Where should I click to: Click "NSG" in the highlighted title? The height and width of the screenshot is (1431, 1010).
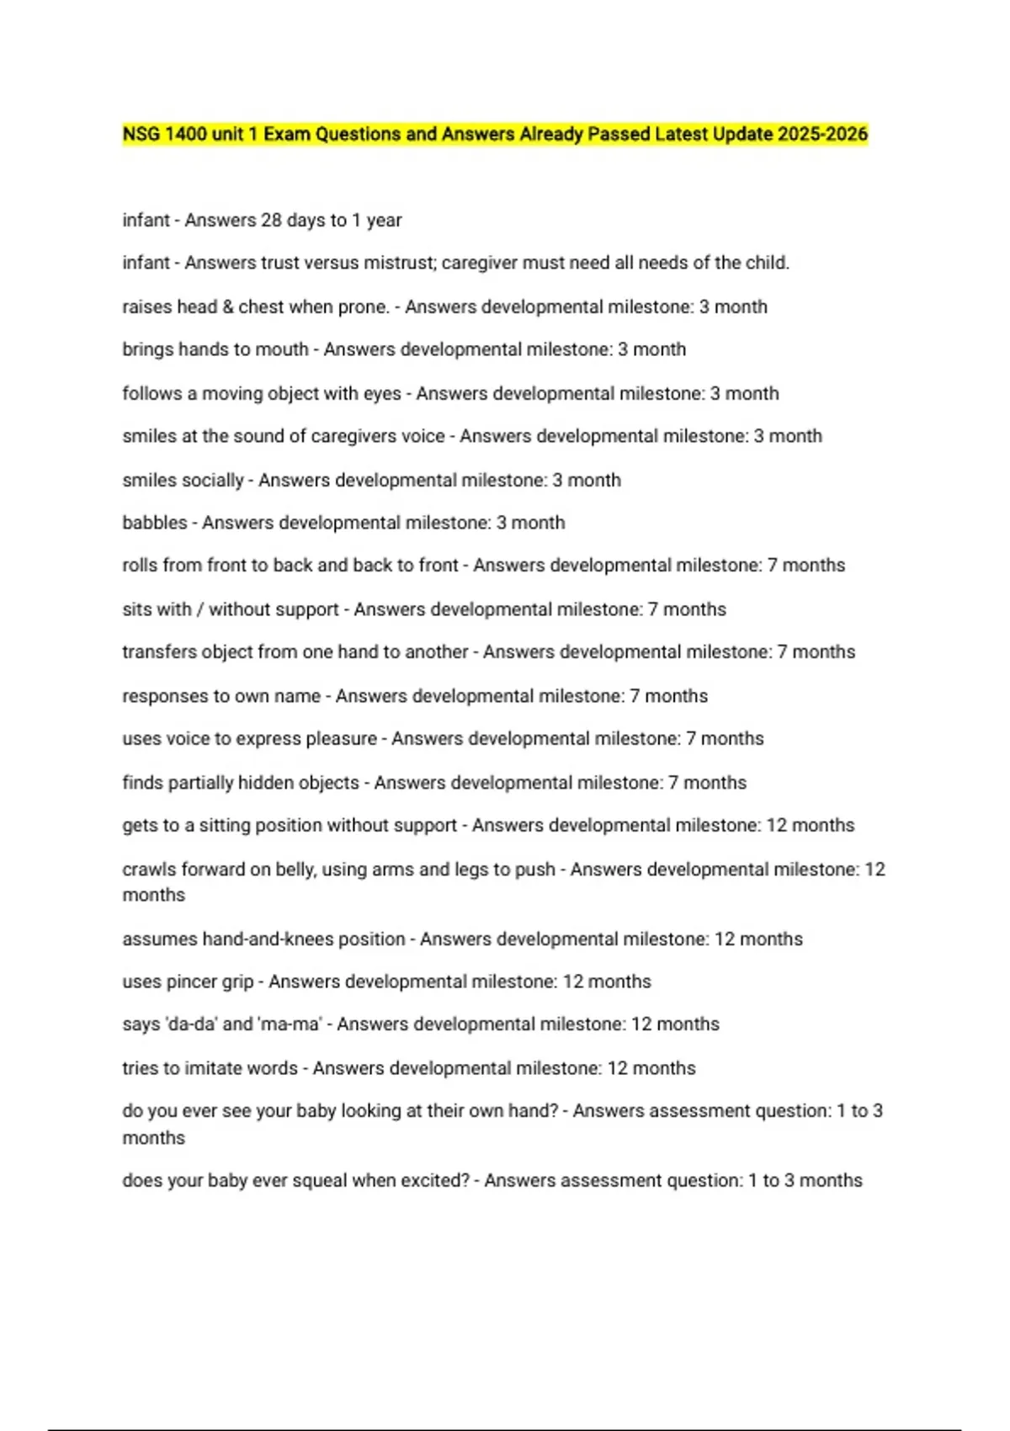[141, 134]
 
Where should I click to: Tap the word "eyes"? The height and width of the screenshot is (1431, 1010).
[382, 393]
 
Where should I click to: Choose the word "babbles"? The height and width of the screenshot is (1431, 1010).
[155, 523]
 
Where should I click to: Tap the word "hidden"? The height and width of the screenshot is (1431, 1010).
[322, 783]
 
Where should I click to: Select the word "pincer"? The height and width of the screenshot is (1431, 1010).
[191, 981]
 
